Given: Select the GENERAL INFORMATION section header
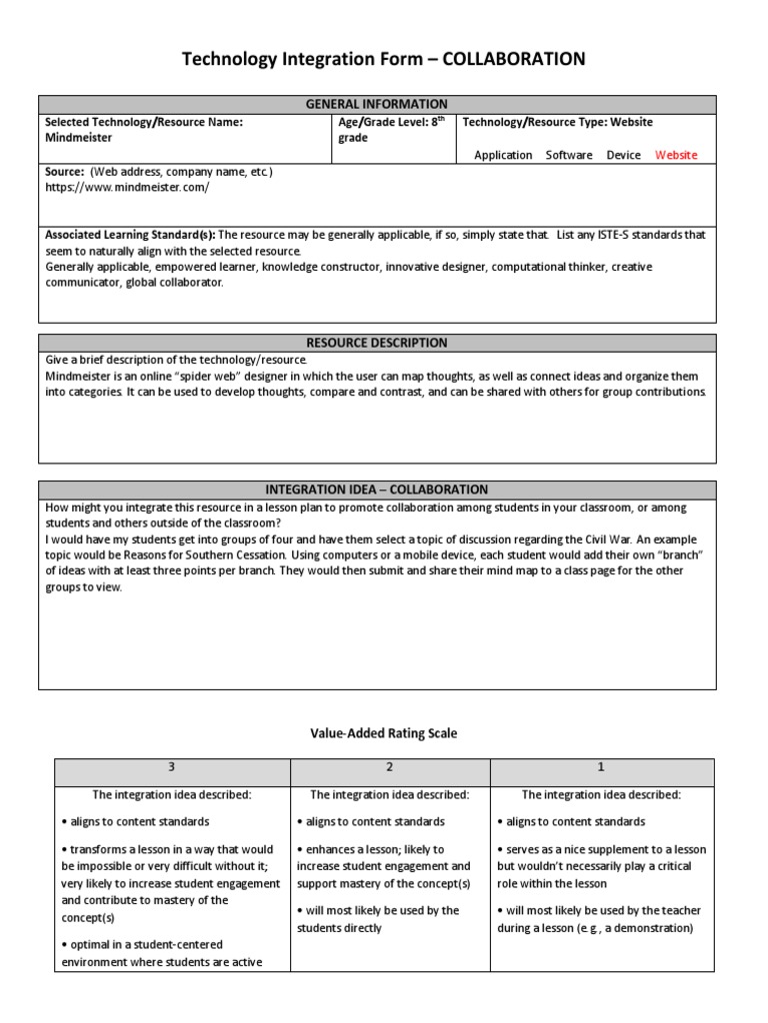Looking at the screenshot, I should click(377, 104).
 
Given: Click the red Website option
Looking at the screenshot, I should click(676, 155).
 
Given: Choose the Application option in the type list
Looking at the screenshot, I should click(503, 155).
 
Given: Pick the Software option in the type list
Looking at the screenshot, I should click(569, 155).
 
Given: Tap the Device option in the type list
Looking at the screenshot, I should click(623, 155).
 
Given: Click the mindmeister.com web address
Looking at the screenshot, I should click(127, 187).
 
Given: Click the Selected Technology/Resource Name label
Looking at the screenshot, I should click(144, 122).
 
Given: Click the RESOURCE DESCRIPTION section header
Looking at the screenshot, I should click(377, 343).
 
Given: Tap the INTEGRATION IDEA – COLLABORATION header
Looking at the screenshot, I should click(377, 490).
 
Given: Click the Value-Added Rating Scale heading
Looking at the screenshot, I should click(384, 733).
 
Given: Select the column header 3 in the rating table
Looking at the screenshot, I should click(171, 767).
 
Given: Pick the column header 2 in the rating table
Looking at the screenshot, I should click(389, 767).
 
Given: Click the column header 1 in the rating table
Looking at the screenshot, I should click(601, 767).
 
